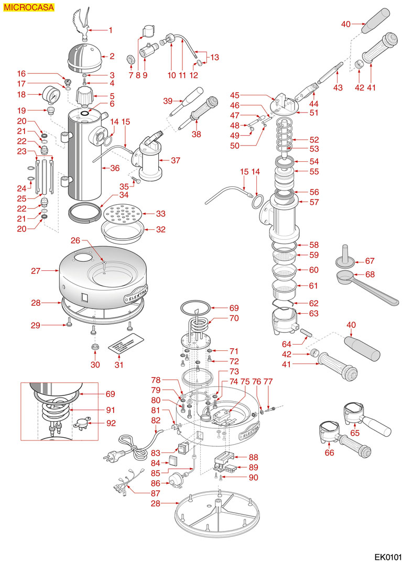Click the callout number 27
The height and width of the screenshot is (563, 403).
pos(36,271)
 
